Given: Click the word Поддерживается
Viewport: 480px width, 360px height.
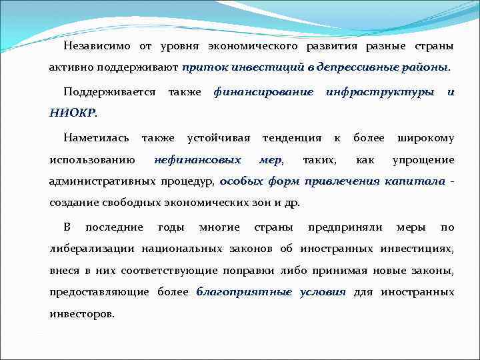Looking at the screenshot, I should [x=109, y=91].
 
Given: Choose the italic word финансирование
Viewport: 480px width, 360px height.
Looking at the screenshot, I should [x=263, y=91].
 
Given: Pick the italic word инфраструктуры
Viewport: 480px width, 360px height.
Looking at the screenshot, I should [x=379, y=91].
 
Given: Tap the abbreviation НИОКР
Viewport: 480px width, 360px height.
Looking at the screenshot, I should [x=72, y=113].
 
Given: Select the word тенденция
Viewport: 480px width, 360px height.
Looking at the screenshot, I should [x=292, y=138].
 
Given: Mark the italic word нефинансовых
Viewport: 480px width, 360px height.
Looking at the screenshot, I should [x=197, y=160].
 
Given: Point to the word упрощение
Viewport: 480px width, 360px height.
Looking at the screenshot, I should [x=423, y=160].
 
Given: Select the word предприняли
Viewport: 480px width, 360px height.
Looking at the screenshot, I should [x=345, y=227].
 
